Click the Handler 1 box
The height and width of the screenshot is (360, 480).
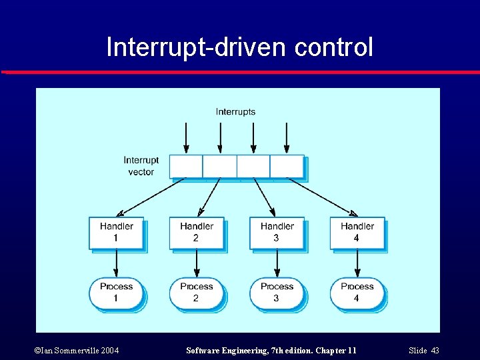[x=117, y=233]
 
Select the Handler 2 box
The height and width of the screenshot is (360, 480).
[x=197, y=233]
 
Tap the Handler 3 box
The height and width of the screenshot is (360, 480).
[x=277, y=233]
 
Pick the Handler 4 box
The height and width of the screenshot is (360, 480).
[x=357, y=233]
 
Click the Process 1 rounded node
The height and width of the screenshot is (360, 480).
[x=117, y=293]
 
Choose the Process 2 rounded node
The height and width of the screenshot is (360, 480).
[x=197, y=293]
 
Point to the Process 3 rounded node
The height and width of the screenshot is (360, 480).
[x=277, y=293]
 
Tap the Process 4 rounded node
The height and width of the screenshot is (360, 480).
[x=357, y=293]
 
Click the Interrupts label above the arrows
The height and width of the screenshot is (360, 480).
[x=235, y=112]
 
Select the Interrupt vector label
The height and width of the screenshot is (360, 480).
[x=141, y=166]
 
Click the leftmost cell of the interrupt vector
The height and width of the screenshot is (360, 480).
[x=186, y=166]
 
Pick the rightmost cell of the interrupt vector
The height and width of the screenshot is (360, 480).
[x=287, y=166]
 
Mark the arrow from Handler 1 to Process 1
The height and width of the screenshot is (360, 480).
[x=117, y=263]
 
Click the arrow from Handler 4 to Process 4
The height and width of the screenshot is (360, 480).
[x=357, y=263]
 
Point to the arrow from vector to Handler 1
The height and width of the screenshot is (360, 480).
[x=150, y=197]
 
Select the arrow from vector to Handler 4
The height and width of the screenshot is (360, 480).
[x=323, y=197]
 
